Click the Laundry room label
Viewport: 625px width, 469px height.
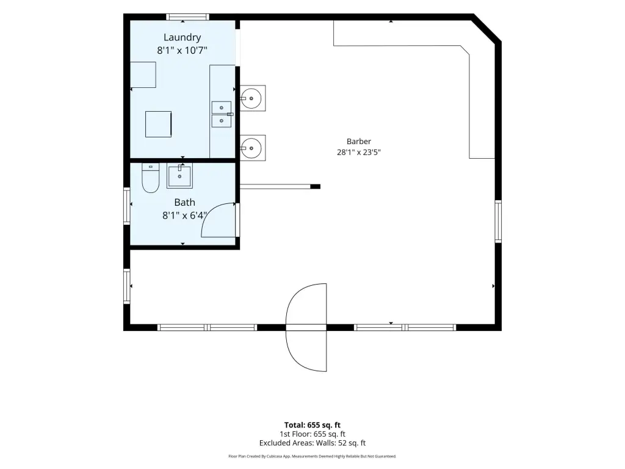tap(182, 37)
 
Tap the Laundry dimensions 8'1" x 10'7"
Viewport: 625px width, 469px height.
tap(182, 50)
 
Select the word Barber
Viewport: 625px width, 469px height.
tap(359, 141)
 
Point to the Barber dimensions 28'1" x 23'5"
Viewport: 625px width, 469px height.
tap(359, 152)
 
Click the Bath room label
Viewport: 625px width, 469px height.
tap(184, 202)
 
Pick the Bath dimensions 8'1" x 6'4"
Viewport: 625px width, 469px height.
tap(184, 216)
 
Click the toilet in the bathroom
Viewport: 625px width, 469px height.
tap(151, 178)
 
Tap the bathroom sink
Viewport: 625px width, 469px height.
tap(179, 175)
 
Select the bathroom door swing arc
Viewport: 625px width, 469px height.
tap(211, 216)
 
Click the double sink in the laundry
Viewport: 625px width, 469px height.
tap(222, 114)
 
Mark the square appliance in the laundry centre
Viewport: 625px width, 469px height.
tap(158, 124)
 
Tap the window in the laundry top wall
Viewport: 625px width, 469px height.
tap(187, 16)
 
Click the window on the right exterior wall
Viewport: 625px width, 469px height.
tap(498, 221)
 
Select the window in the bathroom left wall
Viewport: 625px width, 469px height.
tap(127, 206)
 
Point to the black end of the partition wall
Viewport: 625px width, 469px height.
tap(316, 186)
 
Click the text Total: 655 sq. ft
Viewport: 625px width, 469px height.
tap(312, 425)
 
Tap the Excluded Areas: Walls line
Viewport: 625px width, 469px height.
tap(312, 443)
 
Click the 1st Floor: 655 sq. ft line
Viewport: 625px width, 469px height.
tap(312, 434)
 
